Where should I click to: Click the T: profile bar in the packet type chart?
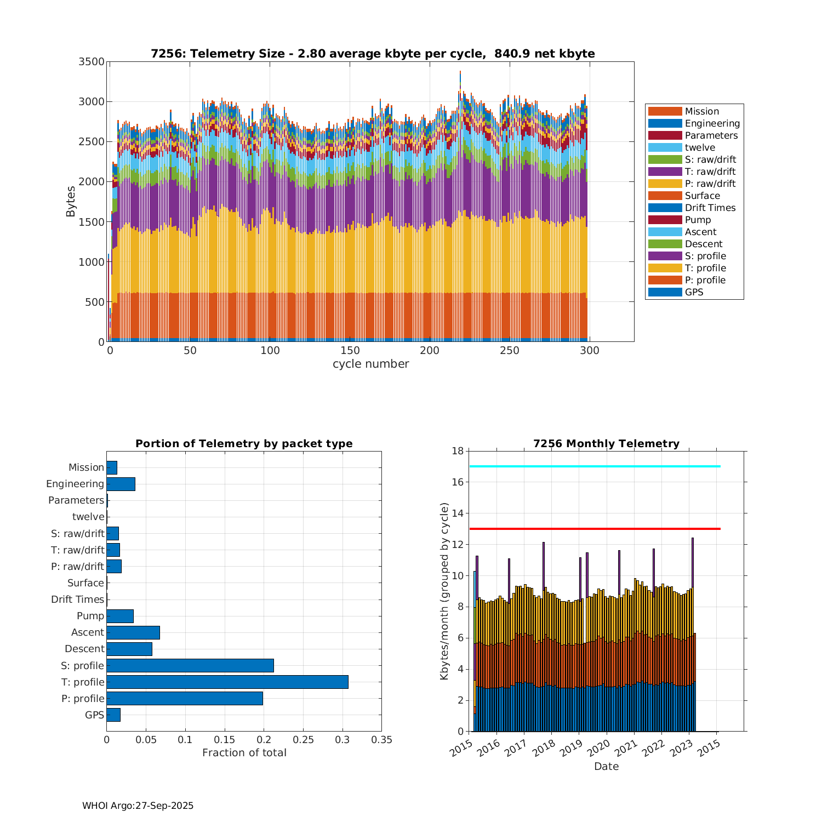pos(227,682)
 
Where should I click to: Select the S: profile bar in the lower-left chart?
pos(190,665)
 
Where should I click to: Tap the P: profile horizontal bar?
pos(185,698)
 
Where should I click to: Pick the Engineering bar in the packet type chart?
pos(121,484)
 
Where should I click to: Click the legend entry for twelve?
pos(699,147)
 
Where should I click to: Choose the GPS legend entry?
pos(694,292)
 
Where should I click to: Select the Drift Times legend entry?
pos(710,208)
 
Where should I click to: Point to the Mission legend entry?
pos(701,111)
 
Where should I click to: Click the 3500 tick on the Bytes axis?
pos(92,61)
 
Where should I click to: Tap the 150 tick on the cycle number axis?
pos(350,351)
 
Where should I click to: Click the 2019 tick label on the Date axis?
pos(571,747)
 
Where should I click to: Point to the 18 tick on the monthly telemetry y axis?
pos(458,451)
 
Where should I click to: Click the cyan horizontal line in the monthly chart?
pos(595,466)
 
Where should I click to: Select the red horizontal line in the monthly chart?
pos(595,529)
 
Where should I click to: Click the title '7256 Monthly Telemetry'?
pos(606,443)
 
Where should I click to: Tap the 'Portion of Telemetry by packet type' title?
pos(244,443)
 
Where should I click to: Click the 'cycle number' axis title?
pos(370,364)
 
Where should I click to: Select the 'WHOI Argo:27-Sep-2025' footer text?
pos(138,806)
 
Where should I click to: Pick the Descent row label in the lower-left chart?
pos(84,649)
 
